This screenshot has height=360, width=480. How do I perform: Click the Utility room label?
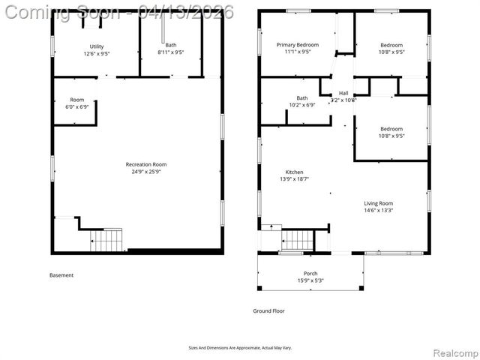pos(97,46)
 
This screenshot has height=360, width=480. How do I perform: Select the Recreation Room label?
pos(145,164)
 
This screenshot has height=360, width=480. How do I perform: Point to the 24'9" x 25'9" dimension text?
pos(145,172)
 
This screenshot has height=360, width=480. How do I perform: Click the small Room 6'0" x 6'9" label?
pos(77,100)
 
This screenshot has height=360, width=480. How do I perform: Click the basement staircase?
pos(107,240)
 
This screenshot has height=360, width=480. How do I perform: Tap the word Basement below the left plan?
pos(61,275)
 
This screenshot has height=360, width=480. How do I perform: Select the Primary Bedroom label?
pos(297,45)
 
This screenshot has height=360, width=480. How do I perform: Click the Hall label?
pos(343,93)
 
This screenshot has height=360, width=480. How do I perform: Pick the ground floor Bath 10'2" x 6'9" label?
pos(302,98)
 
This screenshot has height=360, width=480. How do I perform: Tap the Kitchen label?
pos(294,172)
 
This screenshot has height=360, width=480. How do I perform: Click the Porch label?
pos(310,273)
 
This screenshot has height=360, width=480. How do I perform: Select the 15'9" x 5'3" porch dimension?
pos(310,280)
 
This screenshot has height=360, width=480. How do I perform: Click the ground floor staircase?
pos(297,241)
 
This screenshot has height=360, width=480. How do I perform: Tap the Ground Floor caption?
pos(268,310)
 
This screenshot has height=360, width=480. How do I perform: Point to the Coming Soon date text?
pos(118,11)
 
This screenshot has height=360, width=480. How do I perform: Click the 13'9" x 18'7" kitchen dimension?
pos(294,179)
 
